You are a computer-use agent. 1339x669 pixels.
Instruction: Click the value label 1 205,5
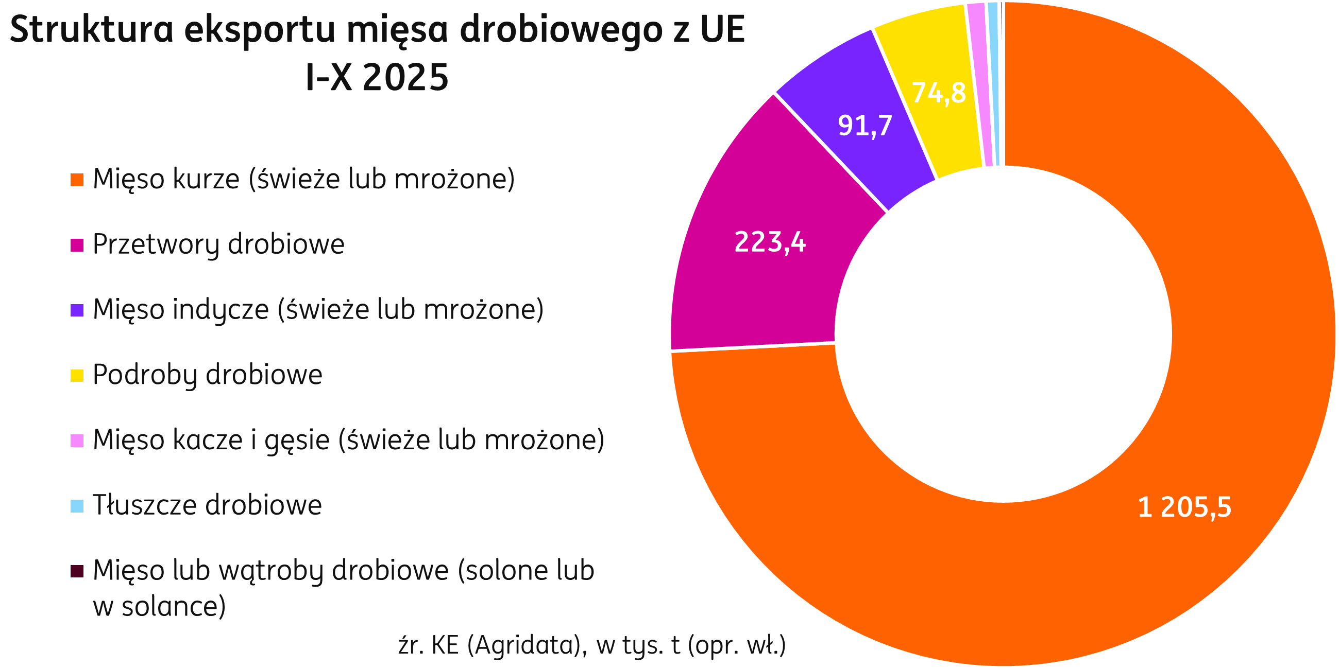(1184, 507)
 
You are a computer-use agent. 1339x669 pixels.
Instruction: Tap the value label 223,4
(769, 242)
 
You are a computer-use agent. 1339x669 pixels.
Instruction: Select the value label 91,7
(865, 126)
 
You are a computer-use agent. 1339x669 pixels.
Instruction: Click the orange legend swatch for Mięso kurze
(77, 180)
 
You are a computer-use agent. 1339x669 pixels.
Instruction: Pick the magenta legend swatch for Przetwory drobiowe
(77, 245)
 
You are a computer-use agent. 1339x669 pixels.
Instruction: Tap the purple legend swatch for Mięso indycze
(77, 310)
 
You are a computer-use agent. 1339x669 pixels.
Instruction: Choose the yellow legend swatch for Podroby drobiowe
(77, 376)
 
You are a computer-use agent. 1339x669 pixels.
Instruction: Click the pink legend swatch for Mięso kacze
(77, 441)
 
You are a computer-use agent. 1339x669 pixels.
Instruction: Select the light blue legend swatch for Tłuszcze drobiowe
(77, 506)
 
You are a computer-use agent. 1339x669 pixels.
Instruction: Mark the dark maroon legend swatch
(77, 571)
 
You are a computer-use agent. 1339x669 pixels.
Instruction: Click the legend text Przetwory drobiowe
(218, 244)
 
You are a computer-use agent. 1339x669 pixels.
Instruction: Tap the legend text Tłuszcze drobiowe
(208, 505)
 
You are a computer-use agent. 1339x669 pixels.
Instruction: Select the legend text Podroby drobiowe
(208, 375)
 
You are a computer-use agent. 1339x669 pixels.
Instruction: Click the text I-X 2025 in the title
(377, 78)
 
